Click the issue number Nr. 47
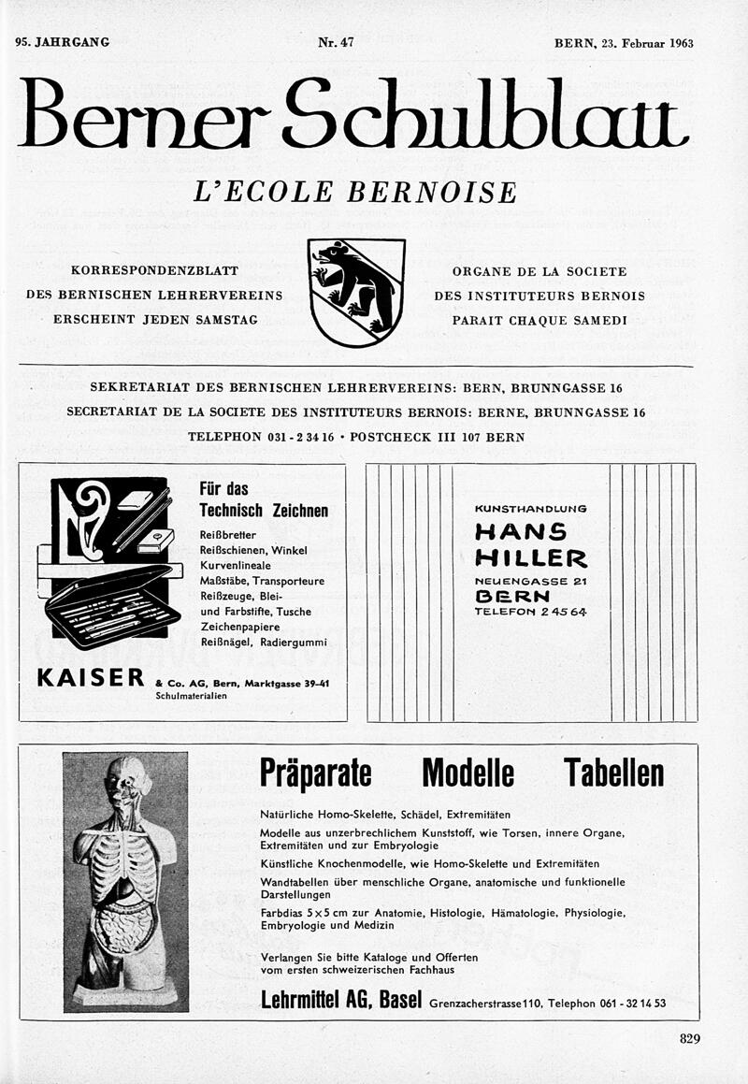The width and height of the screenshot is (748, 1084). pyautogui.click(x=335, y=43)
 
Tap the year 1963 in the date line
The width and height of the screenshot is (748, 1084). pyautogui.click(x=675, y=44)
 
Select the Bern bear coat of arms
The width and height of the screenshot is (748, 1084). pyautogui.click(x=356, y=292)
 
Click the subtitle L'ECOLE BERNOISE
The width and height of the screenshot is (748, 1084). pyautogui.click(x=354, y=192)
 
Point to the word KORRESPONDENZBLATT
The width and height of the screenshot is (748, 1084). pyautogui.click(x=154, y=271)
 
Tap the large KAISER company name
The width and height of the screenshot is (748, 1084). pyautogui.click(x=91, y=677)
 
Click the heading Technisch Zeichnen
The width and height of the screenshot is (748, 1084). pyautogui.click(x=264, y=511)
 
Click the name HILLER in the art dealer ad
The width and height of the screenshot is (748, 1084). pyautogui.click(x=530, y=558)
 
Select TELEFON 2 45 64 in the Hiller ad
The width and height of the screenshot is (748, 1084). pyautogui.click(x=530, y=613)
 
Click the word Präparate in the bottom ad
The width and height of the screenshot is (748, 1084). pyautogui.click(x=315, y=773)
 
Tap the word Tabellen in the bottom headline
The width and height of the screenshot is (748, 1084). pyautogui.click(x=613, y=773)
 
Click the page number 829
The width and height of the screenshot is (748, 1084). pyautogui.click(x=690, y=1037)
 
